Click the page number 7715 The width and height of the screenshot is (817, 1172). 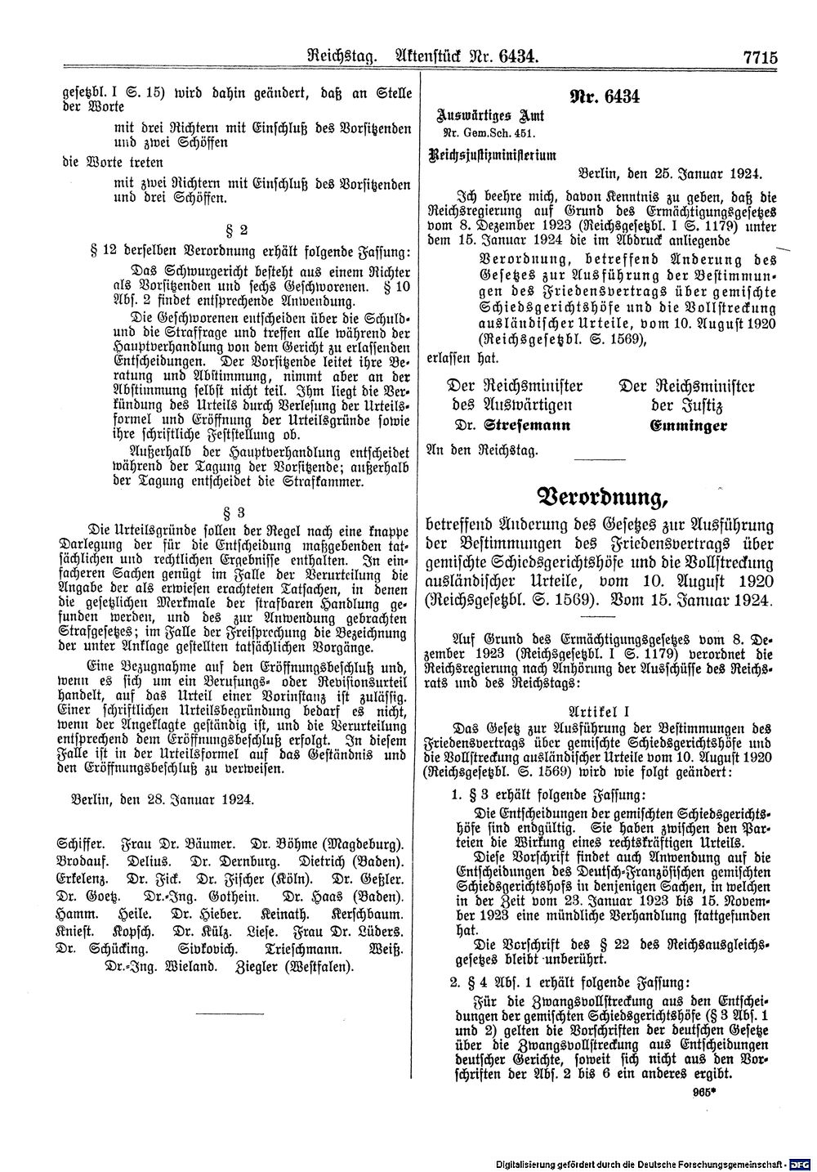coord(757,57)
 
